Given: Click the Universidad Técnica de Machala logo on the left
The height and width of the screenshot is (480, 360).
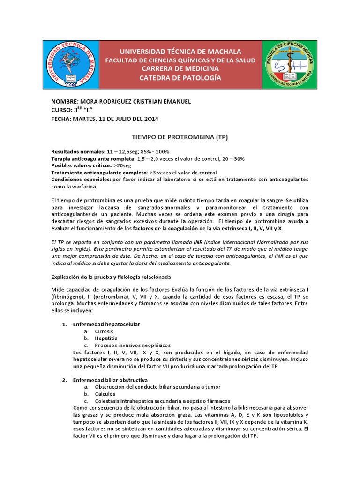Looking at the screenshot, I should click(71, 65).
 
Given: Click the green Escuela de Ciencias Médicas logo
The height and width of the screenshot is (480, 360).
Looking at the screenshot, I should click(289, 65).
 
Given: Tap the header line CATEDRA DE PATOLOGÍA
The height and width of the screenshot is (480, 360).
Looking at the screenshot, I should click(180, 78).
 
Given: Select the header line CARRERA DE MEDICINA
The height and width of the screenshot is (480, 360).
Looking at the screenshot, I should click(180, 69).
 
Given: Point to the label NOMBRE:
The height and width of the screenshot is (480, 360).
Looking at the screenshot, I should click(65, 102).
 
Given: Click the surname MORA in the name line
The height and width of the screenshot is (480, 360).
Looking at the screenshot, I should click(90, 102).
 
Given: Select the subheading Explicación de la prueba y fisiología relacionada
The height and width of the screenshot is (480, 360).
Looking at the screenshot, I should click(111, 277).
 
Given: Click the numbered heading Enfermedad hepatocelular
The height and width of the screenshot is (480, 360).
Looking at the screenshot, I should click(106, 324).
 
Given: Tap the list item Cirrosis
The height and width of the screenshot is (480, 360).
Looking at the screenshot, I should click(104, 331).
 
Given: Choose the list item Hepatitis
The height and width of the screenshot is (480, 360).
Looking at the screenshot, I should click(105, 338).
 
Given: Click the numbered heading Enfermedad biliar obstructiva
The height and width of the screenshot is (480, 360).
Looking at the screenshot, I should click(110, 380).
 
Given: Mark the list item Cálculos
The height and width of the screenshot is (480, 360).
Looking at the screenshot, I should click(105, 394).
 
